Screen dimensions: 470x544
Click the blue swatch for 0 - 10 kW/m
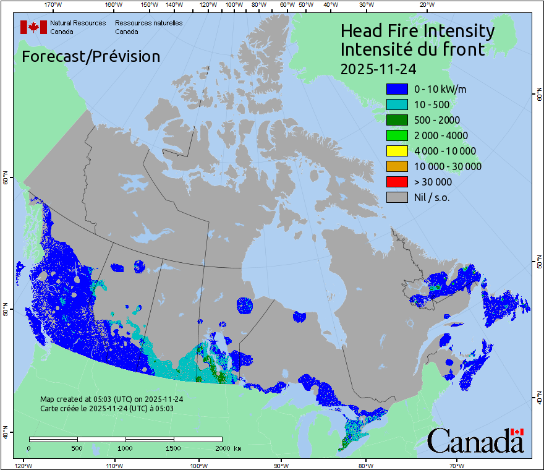point(397,89)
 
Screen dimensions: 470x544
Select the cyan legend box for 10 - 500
point(397,105)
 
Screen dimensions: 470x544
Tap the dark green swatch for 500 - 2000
point(397,120)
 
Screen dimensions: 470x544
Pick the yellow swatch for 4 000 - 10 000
point(397,151)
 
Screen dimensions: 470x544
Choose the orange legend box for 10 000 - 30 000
point(397,166)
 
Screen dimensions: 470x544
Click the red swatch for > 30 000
point(397,182)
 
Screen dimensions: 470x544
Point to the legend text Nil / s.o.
point(432,197)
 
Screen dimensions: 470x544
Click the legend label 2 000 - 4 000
point(441,135)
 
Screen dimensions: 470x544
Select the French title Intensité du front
point(412,49)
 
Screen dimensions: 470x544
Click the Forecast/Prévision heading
point(91,56)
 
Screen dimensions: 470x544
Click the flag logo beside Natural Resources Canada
point(32,27)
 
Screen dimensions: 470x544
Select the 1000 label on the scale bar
point(125,448)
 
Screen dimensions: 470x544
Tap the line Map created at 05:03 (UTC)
point(111,399)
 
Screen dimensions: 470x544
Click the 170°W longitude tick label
point(53,5)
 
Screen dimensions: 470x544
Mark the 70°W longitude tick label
point(457,465)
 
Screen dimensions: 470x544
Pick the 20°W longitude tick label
point(425,5)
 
